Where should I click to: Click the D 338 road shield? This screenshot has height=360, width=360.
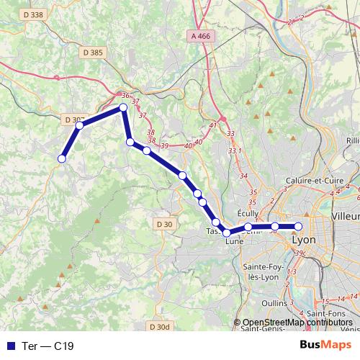click(x=33, y=14)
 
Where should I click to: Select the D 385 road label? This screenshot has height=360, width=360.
click(x=93, y=52)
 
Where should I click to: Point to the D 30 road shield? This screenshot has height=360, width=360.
click(x=165, y=224)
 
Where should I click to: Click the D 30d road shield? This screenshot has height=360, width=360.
click(x=161, y=327)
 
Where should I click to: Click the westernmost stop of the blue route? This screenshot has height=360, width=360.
click(x=62, y=158)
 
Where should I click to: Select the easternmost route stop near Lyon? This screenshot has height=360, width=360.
click(x=298, y=227)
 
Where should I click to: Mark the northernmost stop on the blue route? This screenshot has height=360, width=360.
click(x=123, y=107)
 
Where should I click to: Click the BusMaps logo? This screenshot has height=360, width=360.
click(x=325, y=345)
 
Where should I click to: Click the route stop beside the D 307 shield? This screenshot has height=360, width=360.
click(x=79, y=125)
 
